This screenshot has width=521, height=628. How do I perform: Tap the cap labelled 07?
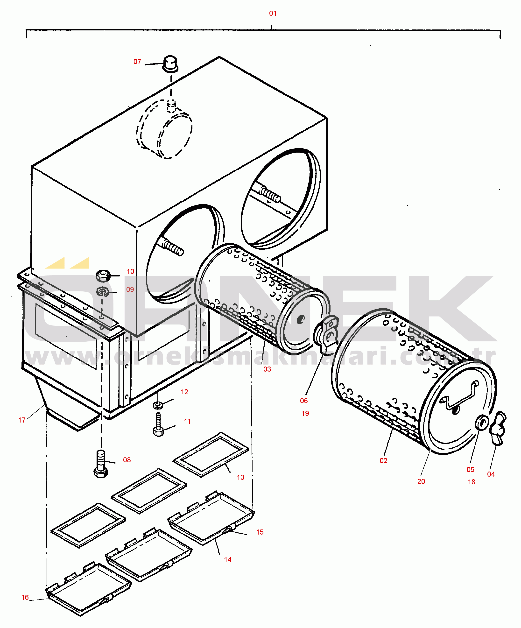point(170,64)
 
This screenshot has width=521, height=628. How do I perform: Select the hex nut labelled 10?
point(103,275)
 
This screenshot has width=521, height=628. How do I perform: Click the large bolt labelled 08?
point(101,464)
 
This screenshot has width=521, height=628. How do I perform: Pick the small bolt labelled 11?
point(158,425)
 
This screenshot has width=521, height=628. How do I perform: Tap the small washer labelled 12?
point(158,405)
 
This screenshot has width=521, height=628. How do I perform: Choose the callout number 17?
point(22,420)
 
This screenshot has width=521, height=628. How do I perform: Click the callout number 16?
point(25,597)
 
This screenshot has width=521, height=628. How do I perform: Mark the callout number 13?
point(240,477)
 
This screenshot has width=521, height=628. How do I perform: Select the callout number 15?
point(260,532)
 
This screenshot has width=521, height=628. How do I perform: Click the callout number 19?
point(305,413)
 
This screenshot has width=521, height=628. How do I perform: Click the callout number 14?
point(228,559)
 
